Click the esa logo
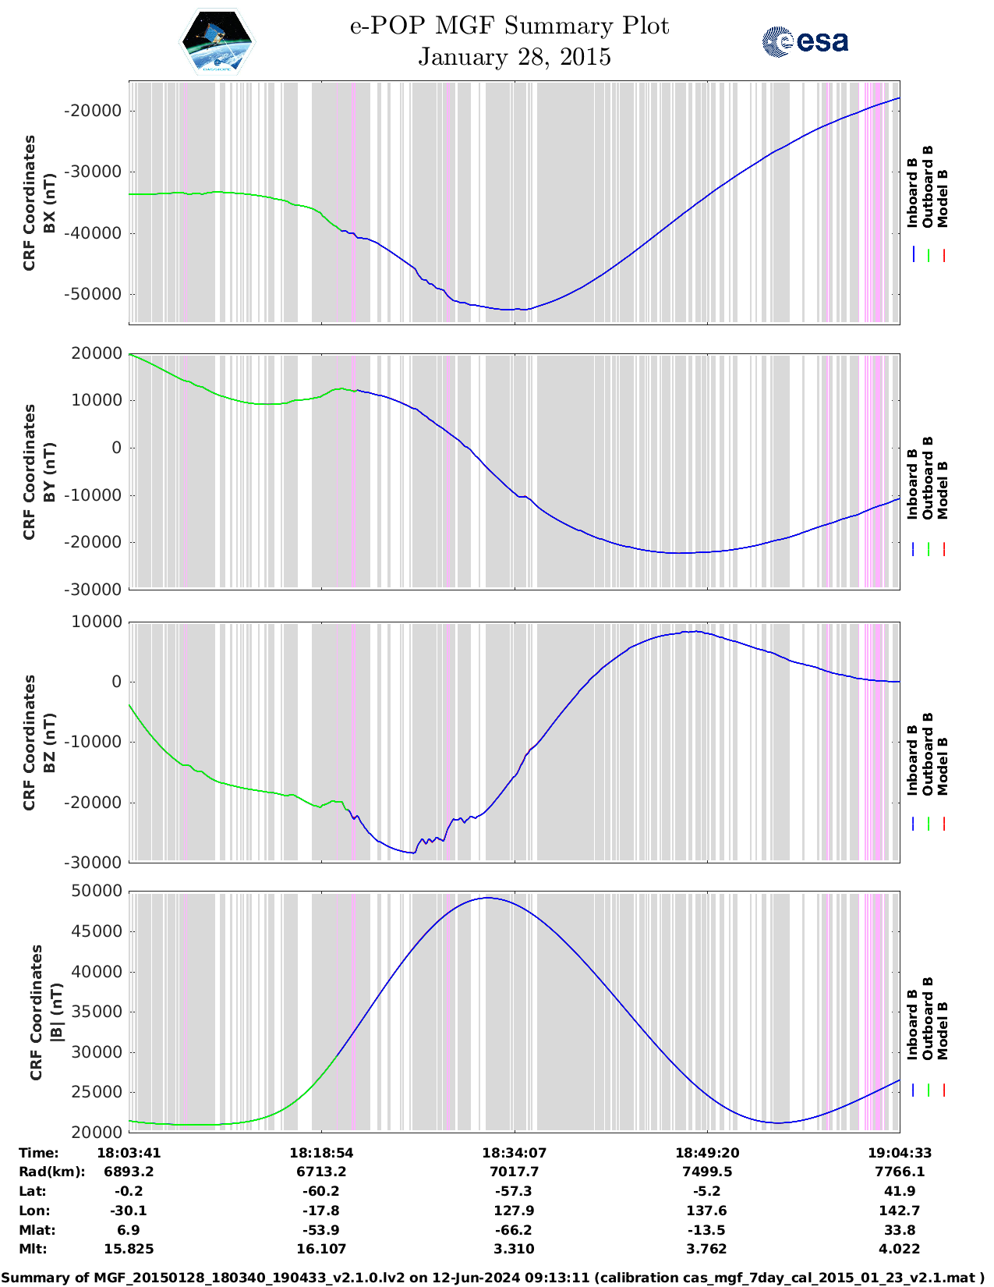click(x=805, y=41)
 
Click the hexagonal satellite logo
click(x=218, y=41)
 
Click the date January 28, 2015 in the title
click(x=514, y=57)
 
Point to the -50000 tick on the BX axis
click(x=93, y=294)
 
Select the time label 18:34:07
click(x=514, y=1152)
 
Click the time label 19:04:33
click(x=900, y=1152)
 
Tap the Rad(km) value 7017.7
click(x=514, y=1172)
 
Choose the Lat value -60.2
click(x=321, y=1191)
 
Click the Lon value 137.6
click(x=707, y=1211)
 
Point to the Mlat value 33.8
click(x=900, y=1230)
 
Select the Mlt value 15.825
click(x=129, y=1249)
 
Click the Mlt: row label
click(x=33, y=1249)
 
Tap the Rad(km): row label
click(x=51, y=1172)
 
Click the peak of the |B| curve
click(x=487, y=898)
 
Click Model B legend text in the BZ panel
click(x=943, y=766)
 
